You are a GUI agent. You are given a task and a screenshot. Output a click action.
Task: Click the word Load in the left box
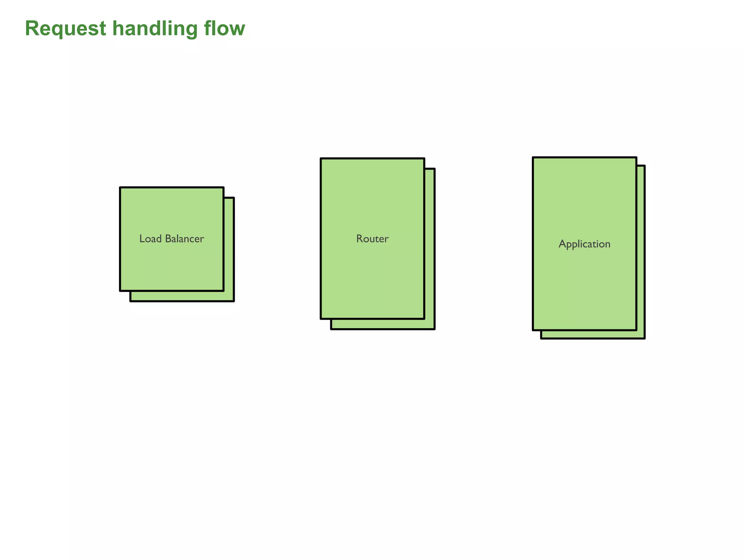tap(151, 239)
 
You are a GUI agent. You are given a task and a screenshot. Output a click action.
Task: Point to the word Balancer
tap(184, 239)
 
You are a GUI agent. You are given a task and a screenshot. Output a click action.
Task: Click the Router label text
tap(372, 239)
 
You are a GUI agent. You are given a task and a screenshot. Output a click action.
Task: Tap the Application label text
tap(584, 244)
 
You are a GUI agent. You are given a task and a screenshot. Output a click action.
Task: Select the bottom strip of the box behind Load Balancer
tap(182, 296)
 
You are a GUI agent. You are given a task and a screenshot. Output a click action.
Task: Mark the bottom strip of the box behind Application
tap(593, 334)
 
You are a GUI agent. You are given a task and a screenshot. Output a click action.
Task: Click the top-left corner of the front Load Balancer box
tap(120, 188)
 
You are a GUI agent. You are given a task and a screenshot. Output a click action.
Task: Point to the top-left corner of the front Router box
tap(321, 159)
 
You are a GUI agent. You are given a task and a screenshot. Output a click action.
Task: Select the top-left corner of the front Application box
tap(533, 158)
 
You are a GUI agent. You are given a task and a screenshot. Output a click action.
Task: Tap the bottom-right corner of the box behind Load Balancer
tap(234, 301)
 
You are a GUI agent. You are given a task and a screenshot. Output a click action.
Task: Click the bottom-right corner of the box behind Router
tap(434, 329)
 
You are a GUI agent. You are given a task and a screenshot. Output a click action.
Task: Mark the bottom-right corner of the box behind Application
tap(645, 338)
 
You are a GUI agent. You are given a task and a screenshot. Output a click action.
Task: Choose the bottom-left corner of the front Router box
tap(321, 318)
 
